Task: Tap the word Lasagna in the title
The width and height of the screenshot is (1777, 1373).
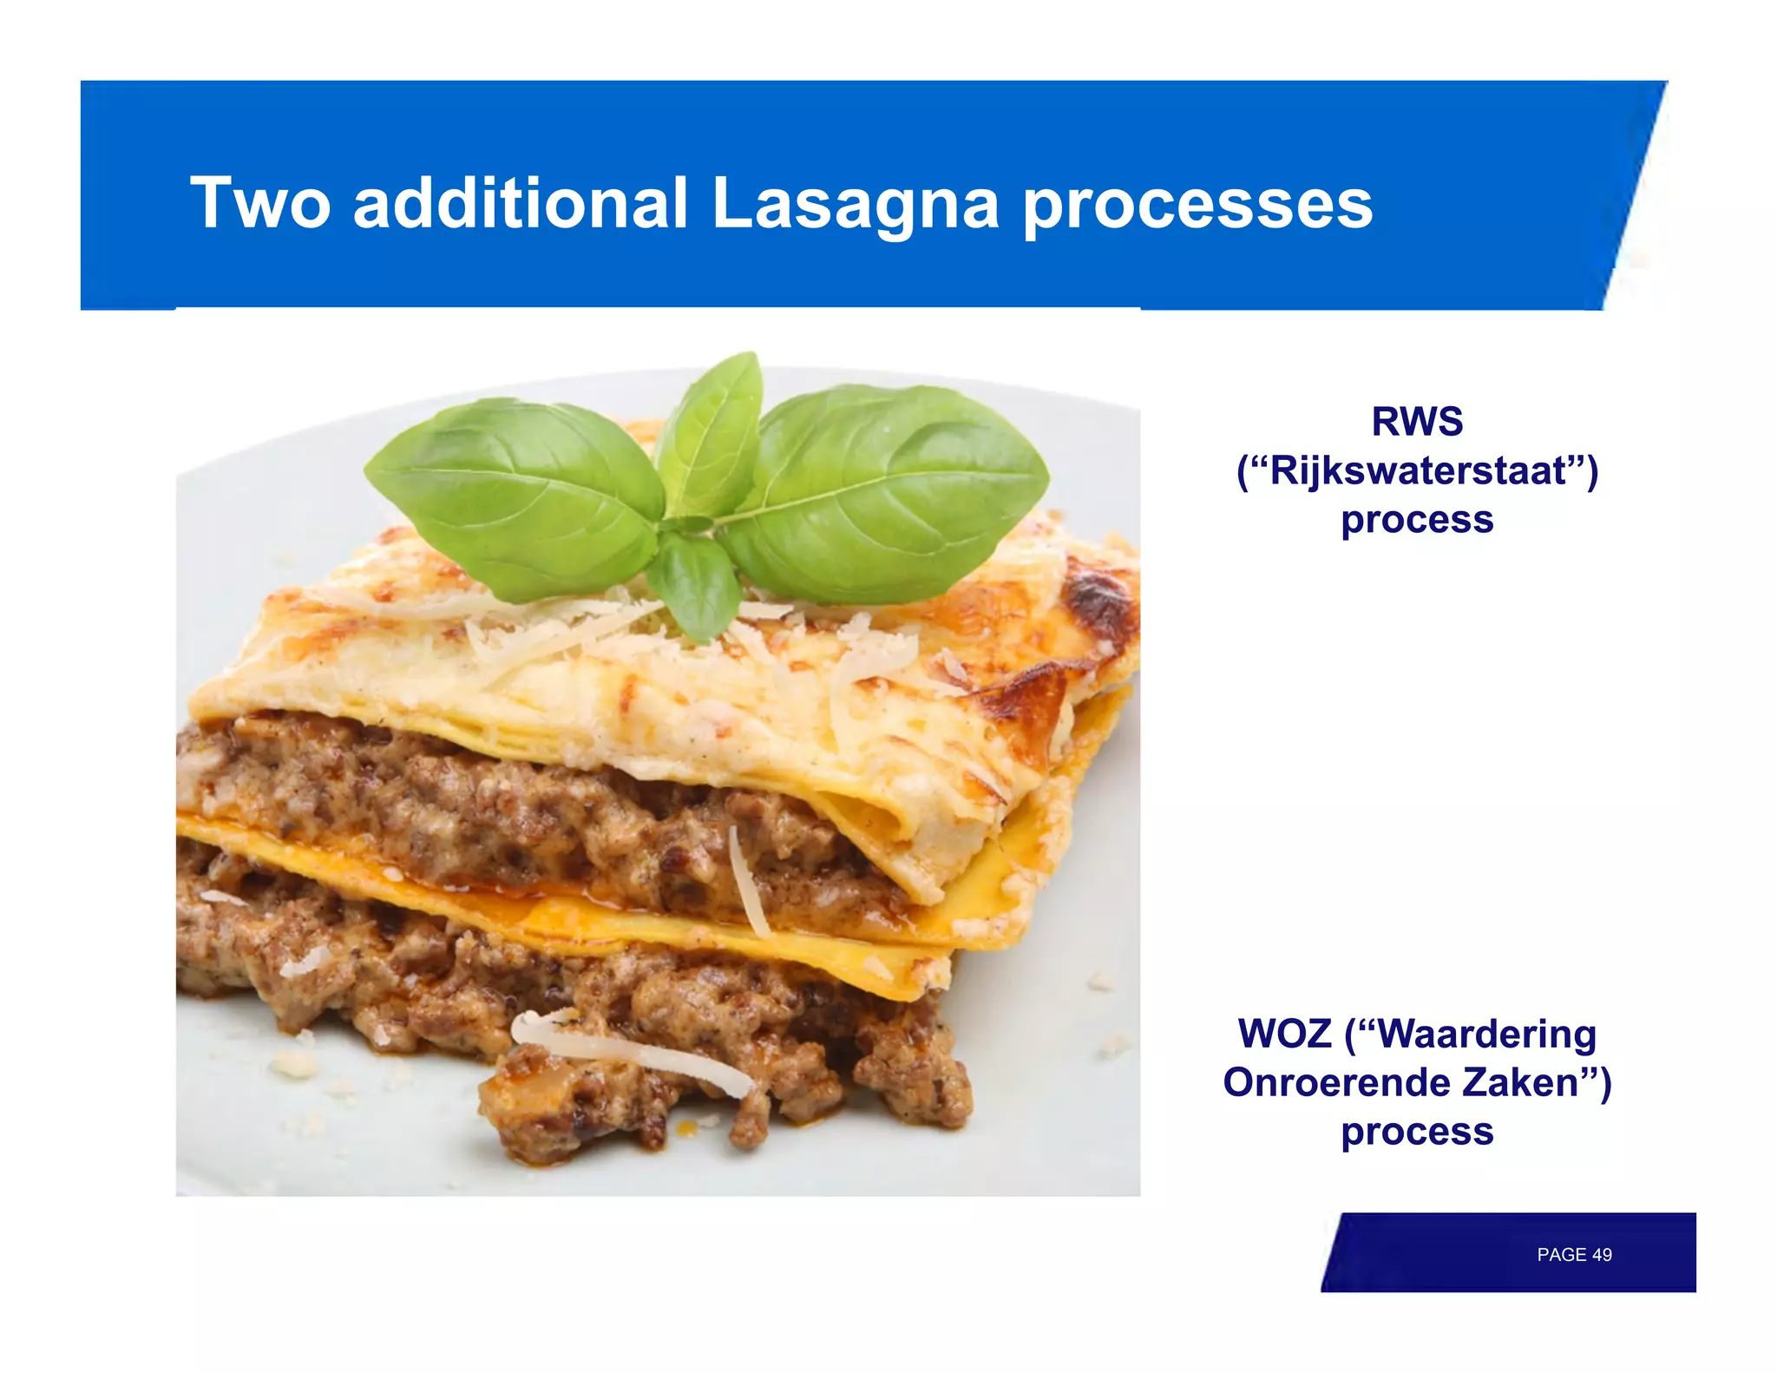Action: [x=855, y=205]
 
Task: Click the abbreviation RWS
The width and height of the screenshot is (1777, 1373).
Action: [x=1417, y=422]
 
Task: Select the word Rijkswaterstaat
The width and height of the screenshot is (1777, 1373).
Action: [x=1418, y=470]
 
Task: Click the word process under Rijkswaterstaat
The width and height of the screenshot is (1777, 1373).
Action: [x=1417, y=520]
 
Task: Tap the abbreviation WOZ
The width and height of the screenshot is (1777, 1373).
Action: [x=1284, y=1034]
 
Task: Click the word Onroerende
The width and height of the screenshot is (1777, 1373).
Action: [x=1336, y=1082]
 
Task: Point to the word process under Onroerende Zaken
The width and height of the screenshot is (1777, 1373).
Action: [x=1417, y=1132]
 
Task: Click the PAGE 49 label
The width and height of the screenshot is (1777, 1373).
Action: [x=1574, y=1255]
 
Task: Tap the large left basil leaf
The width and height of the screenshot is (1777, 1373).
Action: [x=521, y=495]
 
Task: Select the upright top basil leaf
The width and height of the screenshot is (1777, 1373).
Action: [x=711, y=434]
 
